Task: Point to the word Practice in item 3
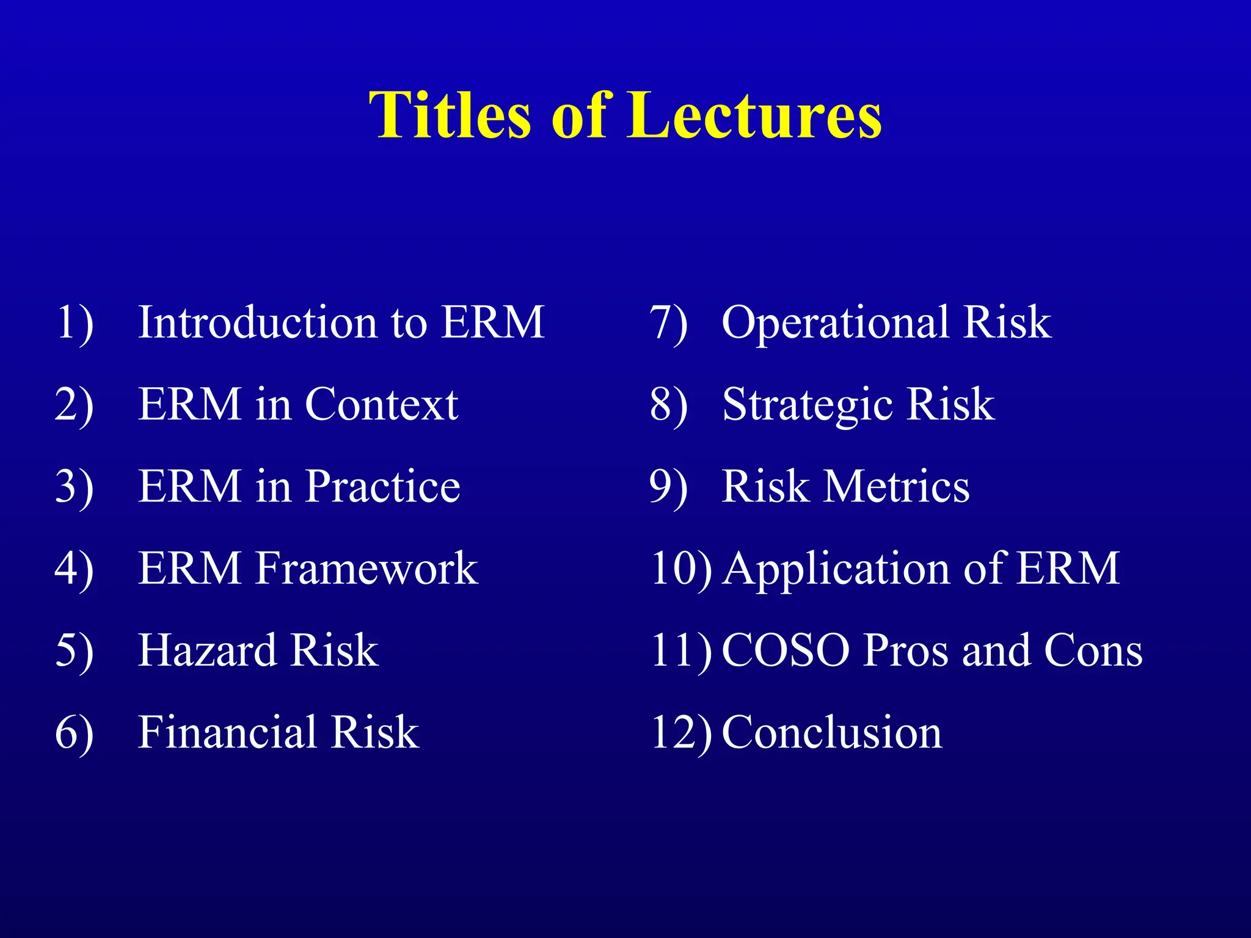coord(382,487)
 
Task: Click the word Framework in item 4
coord(367,569)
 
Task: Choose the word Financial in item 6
coord(227,732)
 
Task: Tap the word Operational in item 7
coord(836,324)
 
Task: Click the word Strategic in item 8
coord(806,406)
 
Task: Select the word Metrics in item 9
coord(897,487)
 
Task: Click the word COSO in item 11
coord(786,650)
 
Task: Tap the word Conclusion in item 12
coord(832,732)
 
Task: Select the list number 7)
coord(668,322)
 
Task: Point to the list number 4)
coord(74,569)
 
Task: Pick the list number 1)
coord(74,322)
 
